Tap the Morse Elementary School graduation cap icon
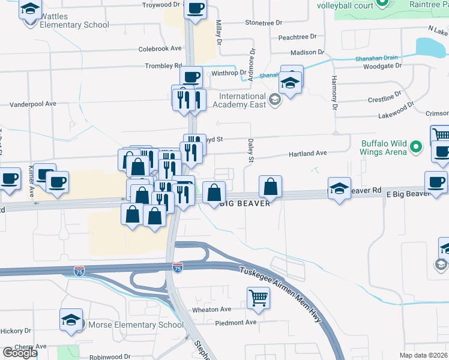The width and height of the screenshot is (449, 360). [x=71, y=320]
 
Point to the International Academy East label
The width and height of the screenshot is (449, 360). [x=242, y=101]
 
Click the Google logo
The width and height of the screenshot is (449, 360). [x=20, y=353]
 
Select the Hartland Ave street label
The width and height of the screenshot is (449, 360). [x=308, y=154]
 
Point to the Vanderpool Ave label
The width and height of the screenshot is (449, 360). [x=33, y=104]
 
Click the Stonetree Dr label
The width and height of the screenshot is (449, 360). [x=263, y=23]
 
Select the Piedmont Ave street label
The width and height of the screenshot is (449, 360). [x=237, y=322]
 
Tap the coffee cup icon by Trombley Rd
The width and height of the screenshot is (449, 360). [x=191, y=77]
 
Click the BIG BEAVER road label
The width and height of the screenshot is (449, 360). [x=243, y=203]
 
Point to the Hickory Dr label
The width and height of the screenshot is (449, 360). [x=16, y=331]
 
